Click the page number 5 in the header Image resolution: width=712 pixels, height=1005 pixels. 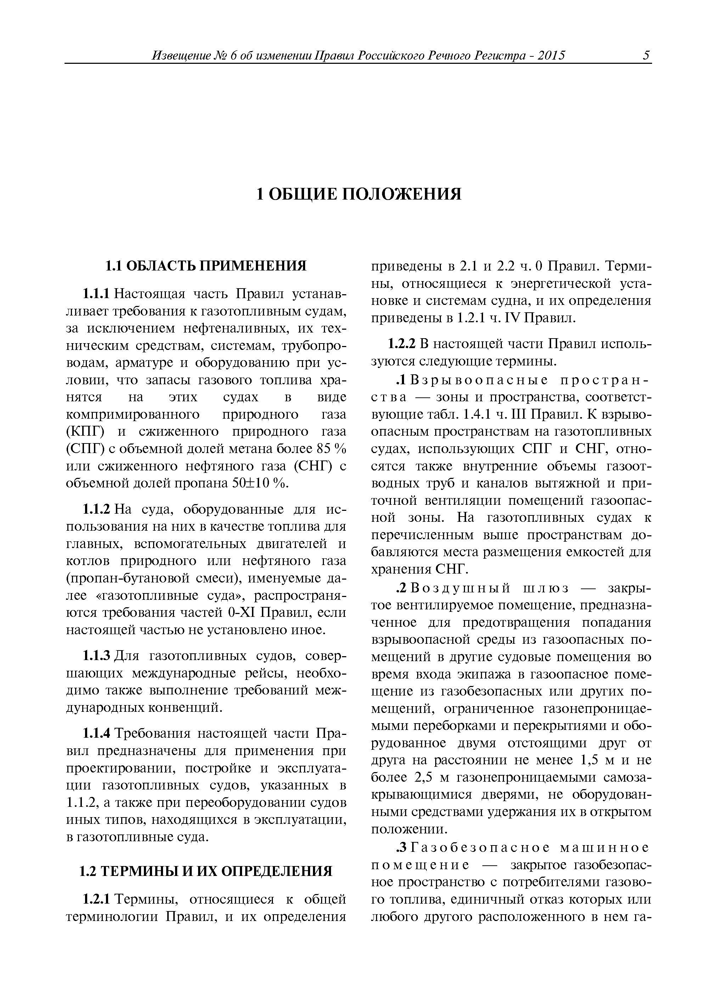pyautogui.click(x=646, y=56)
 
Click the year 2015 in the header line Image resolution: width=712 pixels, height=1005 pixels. pyautogui.click(x=551, y=56)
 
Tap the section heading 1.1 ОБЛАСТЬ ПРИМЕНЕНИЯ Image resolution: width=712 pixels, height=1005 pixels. pyautogui.click(x=206, y=266)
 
